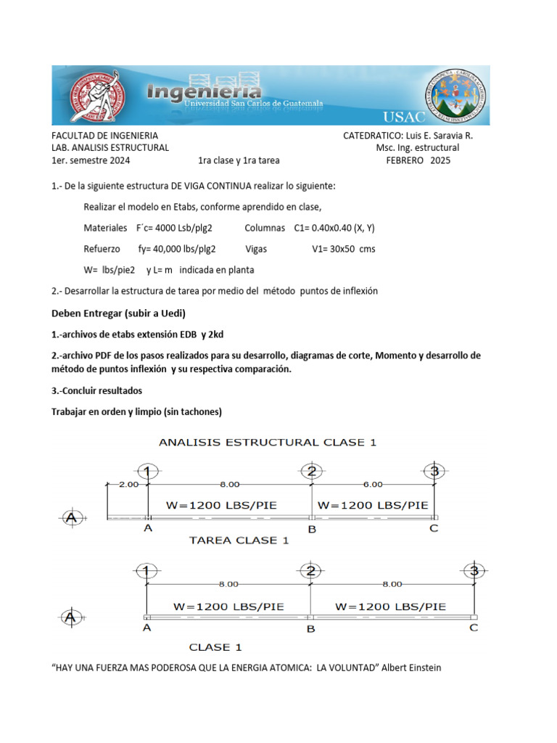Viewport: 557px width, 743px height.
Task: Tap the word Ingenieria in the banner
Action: [x=204, y=93]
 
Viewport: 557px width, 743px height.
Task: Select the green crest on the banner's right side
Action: [x=453, y=95]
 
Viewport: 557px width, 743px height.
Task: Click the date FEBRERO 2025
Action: [x=418, y=160]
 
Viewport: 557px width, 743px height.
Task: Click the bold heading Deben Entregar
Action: [x=118, y=313]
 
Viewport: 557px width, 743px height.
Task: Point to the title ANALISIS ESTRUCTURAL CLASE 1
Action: [x=268, y=442]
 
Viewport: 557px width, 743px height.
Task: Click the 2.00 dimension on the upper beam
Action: [x=128, y=484]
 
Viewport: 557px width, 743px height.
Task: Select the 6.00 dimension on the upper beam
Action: [x=373, y=484]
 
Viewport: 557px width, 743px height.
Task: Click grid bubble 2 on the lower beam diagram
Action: [x=311, y=570]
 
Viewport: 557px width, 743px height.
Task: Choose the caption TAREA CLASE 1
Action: [x=239, y=540]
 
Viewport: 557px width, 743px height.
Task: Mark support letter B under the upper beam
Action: [x=312, y=530]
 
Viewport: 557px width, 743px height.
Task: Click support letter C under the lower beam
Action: [x=474, y=628]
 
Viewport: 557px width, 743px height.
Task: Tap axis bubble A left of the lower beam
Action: [x=70, y=617]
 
